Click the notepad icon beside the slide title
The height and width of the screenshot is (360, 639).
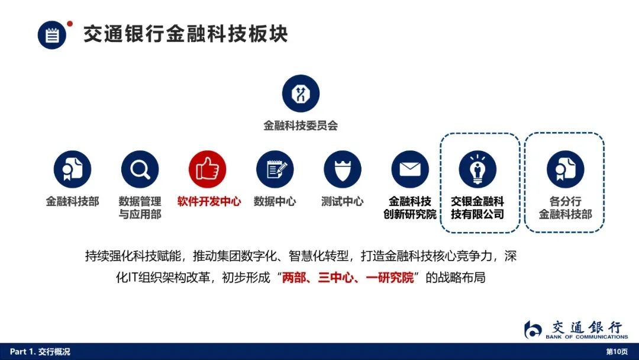pos(51,35)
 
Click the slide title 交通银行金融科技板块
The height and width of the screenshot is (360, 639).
pos(186,34)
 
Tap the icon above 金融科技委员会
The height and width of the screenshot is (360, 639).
pos(301,94)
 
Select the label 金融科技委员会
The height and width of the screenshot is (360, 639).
pos(301,126)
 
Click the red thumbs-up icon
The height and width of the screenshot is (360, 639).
pos(208,169)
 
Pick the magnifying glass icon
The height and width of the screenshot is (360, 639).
pos(140,169)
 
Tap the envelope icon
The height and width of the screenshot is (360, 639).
pos(410,169)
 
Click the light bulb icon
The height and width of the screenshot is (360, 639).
pos(477,169)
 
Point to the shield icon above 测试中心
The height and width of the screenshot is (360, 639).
pos(343,169)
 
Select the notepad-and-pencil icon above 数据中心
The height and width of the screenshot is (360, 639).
pos(275,169)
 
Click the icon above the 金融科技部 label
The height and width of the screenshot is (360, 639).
pos(73,169)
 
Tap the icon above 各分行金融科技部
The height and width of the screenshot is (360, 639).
pos(565,169)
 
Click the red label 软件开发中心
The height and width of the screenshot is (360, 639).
pos(209,201)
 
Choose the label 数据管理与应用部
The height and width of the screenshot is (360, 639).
pos(140,207)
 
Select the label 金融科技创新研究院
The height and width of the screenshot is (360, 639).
pos(410,207)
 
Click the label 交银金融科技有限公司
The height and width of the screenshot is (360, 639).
pos(477,207)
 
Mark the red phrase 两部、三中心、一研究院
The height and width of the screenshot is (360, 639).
pos(348,278)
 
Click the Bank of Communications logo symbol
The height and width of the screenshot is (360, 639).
pos(532,329)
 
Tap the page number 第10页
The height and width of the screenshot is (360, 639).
pos(617,352)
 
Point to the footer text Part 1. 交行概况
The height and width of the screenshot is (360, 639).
pos(40,352)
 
